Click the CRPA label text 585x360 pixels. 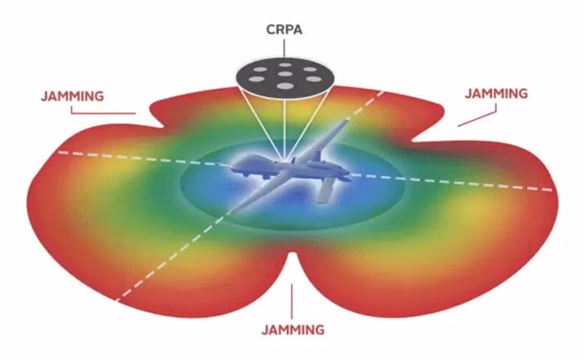[x=284, y=29]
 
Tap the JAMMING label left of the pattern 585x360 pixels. [x=72, y=96]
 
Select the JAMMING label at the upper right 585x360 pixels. [x=496, y=94]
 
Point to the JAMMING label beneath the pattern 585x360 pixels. [x=293, y=329]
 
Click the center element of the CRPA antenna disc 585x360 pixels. [x=285, y=74]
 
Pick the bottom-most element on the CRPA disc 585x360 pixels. [x=285, y=86]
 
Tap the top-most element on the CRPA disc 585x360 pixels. [x=285, y=65]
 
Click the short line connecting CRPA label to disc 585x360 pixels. [x=284, y=47]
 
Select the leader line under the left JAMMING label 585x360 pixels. [x=103, y=112]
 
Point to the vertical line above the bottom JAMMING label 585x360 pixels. [x=292, y=302]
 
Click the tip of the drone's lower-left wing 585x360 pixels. [x=231, y=211]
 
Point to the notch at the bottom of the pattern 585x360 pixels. [x=293, y=253]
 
